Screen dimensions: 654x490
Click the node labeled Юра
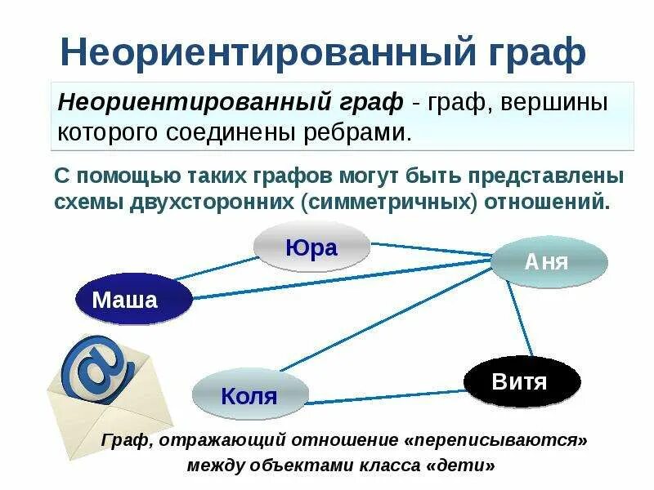pos(311,247)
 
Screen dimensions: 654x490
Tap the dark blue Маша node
pos(124,300)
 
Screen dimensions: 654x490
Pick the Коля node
pos(249,397)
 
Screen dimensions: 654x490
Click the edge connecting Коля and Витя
pos(384,398)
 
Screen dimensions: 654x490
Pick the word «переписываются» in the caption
pos(496,440)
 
